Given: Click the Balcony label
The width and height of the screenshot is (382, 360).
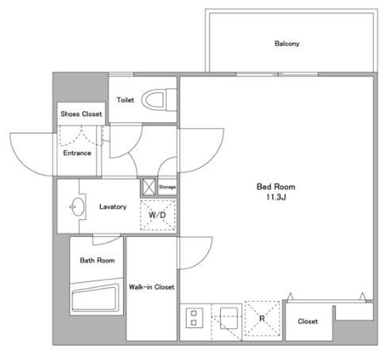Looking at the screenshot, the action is pyautogui.click(x=287, y=44).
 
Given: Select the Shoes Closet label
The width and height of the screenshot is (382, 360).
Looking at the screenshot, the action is pyautogui.click(x=81, y=114).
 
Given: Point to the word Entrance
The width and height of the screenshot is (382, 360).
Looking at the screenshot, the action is pyautogui.click(x=77, y=153).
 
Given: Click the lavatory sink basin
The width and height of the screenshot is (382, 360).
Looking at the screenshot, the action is pyautogui.click(x=77, y=207).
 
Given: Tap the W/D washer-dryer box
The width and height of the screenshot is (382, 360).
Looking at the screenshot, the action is pyautogui.click(x=157, y=215).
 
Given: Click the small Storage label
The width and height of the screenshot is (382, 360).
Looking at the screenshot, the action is pyautogui.click(x=167, y=187).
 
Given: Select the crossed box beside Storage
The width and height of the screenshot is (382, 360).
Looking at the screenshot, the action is pyautogui.click(x=148, y=188).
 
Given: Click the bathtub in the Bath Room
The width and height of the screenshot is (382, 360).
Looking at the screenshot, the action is pyautogui.click(x=95, y=298).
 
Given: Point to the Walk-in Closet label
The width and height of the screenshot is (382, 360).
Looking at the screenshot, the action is pyautogui.click(x=152, y=287).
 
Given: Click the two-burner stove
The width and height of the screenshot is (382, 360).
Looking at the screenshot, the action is pyautogui.click(x=195, y=318).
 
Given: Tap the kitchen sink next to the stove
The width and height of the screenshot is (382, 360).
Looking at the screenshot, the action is pyautogui.click(x=229, y=318).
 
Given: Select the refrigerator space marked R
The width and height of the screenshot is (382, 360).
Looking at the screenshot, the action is pyautogui.click(x=262, y=319).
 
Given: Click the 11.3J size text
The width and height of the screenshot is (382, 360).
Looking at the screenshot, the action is pyautogui.click(x=276, y=197).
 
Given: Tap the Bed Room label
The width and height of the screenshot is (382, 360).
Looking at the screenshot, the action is pyautogui.click(x=276, y=187).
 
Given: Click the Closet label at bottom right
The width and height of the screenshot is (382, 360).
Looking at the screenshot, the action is pyautogui.click(x=307, y=321).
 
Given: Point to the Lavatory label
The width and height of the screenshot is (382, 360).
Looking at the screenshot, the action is pyautogui.click(x=113, y=207).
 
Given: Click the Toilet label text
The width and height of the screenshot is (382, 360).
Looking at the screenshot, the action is pyautogui.click(x=125, y=100).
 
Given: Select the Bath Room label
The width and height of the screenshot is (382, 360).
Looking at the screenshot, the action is pyautogui.click(x=97, y=260).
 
